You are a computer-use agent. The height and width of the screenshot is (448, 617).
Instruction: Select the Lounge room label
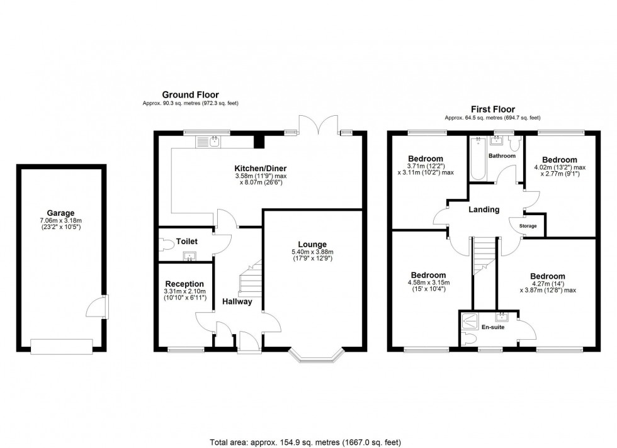point(312,244)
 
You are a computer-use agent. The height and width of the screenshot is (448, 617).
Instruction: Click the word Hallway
point(237,301)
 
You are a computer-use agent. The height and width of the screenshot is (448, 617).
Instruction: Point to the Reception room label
point(184,283)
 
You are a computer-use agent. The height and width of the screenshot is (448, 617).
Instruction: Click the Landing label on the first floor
point(484,210)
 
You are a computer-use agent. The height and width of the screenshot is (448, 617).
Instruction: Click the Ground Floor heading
point(190,94)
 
